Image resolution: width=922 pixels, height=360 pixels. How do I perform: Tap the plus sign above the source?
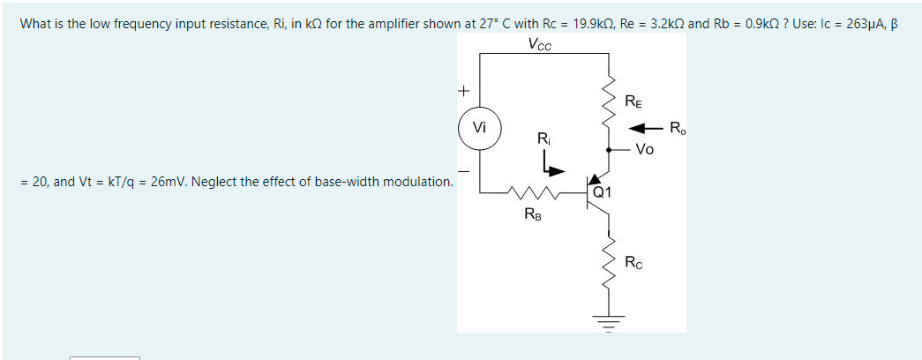[461, 91]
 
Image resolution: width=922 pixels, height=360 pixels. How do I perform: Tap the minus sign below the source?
[461, 170]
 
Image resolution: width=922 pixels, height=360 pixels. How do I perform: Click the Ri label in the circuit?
[543, 139]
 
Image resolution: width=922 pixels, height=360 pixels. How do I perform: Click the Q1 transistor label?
[603, 188]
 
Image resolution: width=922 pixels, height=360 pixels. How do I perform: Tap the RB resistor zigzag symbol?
[535, 191]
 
